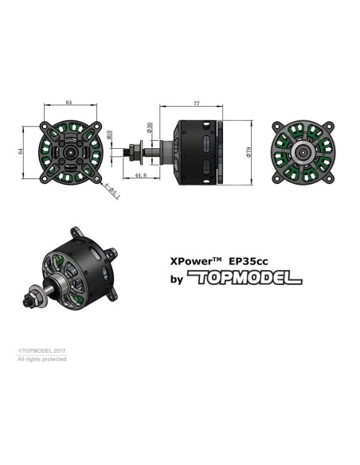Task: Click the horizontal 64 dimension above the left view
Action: [68, 103]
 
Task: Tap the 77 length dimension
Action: [195, 103]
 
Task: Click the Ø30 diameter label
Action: [151, 127]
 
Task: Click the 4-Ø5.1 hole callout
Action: [112, 190]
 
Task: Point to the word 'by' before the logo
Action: [177, 279]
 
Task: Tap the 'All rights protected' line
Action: [42, 360]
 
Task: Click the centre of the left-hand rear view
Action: [69, 150]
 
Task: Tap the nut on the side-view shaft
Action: [140, 150]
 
